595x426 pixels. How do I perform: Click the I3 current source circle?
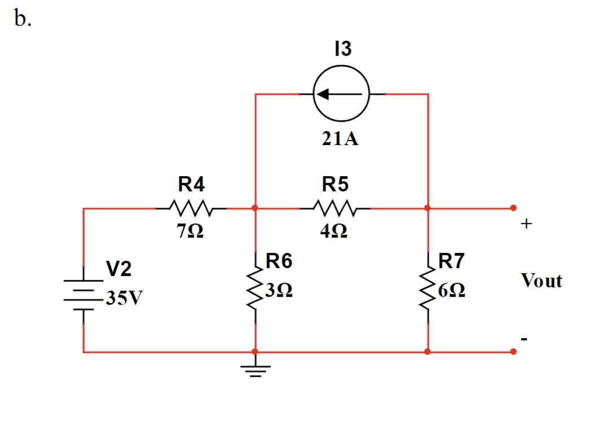tap(341, 94)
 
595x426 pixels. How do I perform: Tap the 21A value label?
tap(341, 139)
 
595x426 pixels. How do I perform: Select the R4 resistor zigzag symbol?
tap(192, 208)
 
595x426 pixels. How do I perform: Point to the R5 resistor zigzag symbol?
tap(335, 208)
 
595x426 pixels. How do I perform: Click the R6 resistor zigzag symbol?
tap(255, 288)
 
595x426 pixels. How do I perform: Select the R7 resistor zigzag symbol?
tap(428, 288)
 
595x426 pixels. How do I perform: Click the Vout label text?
tap(541, 280)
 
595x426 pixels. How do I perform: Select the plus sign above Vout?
tap(526, 224)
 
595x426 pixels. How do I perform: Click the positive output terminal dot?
tap(513, 208)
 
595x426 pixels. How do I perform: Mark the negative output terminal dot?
tap(513, 352)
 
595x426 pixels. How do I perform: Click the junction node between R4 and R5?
tap(255, 208)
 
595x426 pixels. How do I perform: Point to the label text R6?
tap(279, 261)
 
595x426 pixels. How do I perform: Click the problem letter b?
tap(23, 19)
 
